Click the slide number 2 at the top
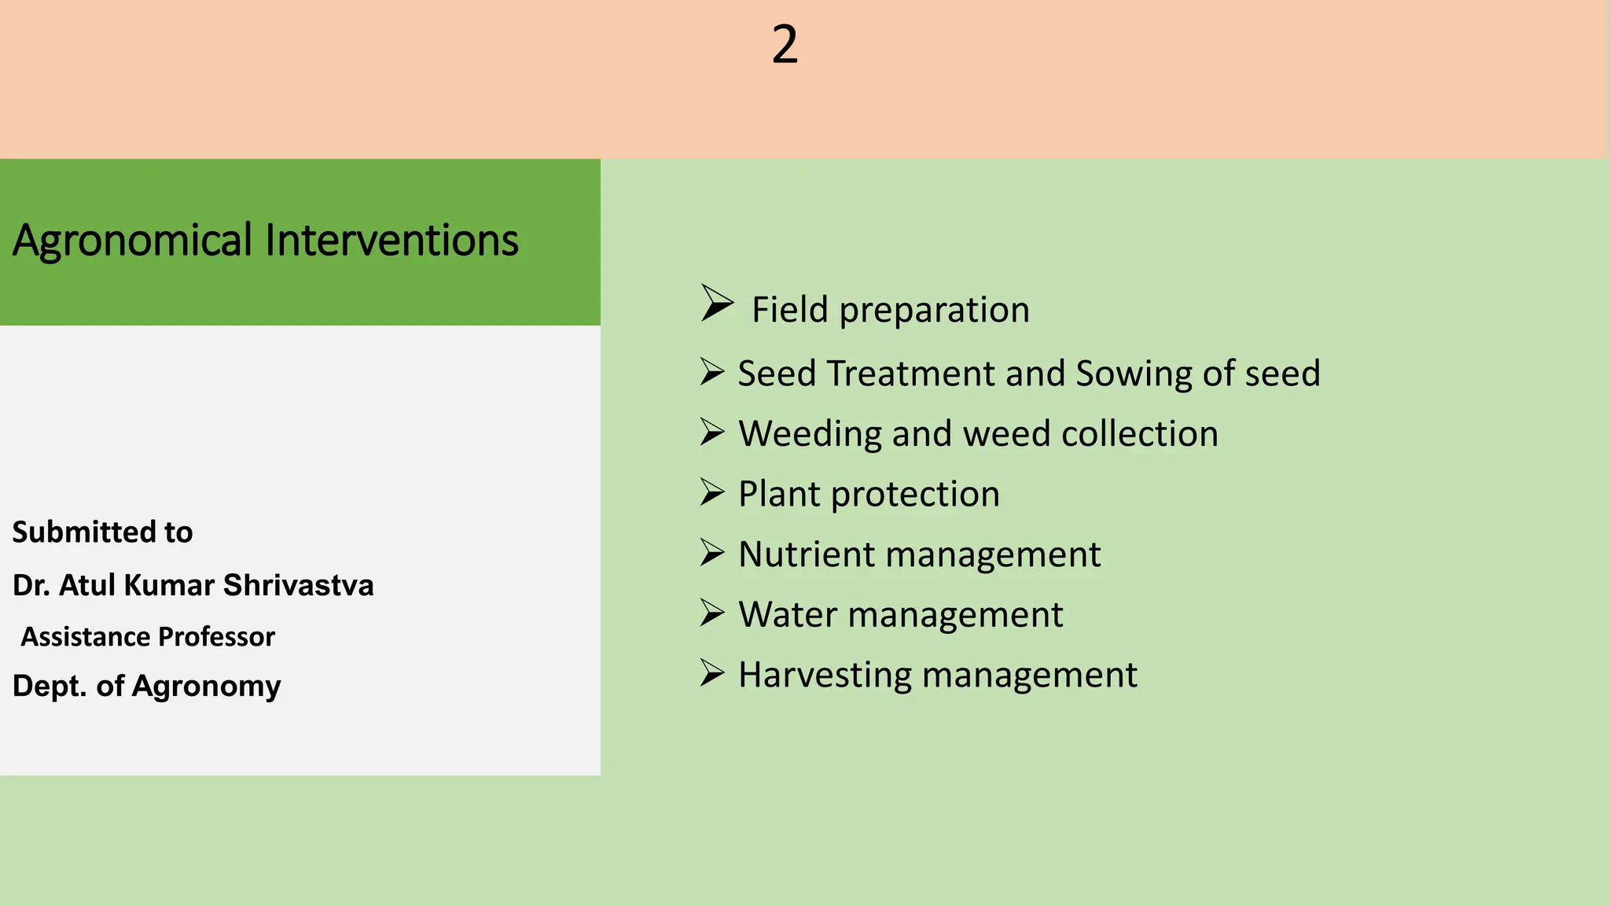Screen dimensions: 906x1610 (x=785, y=45)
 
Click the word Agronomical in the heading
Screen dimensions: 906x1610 (x=132, y=241)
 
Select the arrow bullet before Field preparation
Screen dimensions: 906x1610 (x=716, y=304)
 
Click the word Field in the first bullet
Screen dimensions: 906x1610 (x=789, y=310)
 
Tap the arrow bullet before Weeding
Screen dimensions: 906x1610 (x=712, y=432)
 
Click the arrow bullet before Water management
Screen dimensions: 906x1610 (x=712, y=613)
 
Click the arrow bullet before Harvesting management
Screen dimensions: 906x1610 (x=712, y=672)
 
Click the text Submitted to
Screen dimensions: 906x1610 (x=102, y=532)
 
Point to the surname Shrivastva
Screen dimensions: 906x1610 (x=298, y=586)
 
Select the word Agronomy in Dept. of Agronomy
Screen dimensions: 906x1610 (x=206, y=687)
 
